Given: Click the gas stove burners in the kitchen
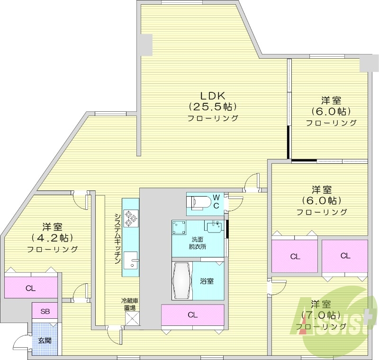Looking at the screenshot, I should pos(130,218).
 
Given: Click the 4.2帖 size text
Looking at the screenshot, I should pos(52,237).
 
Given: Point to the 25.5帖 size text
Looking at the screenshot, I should pos(213,106).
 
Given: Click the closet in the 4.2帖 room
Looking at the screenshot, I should pos(31,288).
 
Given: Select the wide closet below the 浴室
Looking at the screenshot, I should pos(192,315).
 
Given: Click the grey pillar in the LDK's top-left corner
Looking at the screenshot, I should pos(145,45).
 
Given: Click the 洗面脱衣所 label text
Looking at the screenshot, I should pos(197,243).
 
